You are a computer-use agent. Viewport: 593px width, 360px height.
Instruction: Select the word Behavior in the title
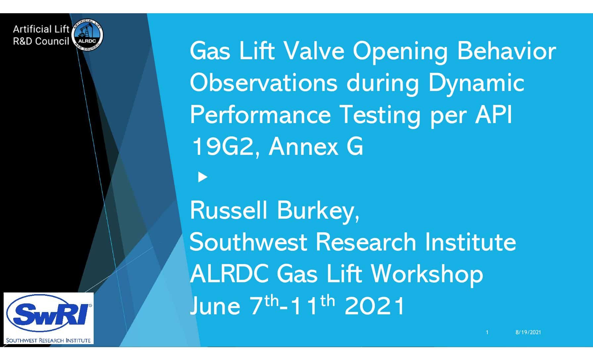pyautogui.click(x=506, y=51)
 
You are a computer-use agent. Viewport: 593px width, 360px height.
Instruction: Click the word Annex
pyautogui.click(x=303, y=147)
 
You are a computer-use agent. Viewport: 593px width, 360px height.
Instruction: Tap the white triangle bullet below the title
pyautogui.click(x=203, y=177)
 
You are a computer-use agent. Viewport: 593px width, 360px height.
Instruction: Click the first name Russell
pyautogui.click(x=228, y=210)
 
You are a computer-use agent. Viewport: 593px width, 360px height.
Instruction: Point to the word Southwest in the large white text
pyautogui.click(x=248, y=242)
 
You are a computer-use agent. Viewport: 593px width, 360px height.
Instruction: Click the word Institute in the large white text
pyautogui.click(x=470, y=242)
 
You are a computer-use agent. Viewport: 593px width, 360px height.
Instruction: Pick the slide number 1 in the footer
pyautogui.click(x=487, y=332)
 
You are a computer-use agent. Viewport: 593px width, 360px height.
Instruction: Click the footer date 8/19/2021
pyautogui.click(x=528, y=332)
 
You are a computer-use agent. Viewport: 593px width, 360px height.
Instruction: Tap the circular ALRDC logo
pyautogui.click(x=87, y=35)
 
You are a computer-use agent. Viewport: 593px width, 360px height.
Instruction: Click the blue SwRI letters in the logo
pyautogui.click(x=49, y=314)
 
